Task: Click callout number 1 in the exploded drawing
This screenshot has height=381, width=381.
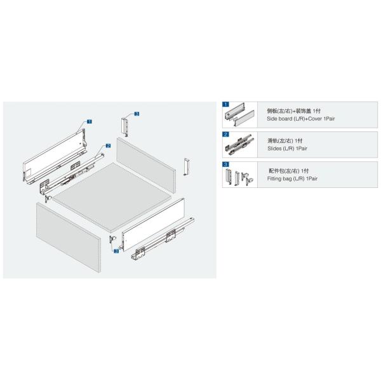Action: pyautogui.click(x=90, y=121)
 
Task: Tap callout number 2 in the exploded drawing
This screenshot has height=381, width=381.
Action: pyautogui.click(x=108, y=146)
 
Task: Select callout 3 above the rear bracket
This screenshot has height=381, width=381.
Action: pyautogui.click(x=137, y=114)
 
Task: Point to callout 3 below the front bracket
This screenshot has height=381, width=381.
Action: pyautogui.click(x=116, y=251)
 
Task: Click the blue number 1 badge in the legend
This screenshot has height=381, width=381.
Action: pyautogui.click(x=225, y=104)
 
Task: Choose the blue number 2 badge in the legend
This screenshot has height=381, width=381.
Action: pyautogui.click(x=225, y=135)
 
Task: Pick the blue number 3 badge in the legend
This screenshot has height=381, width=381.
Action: pyautogui.click(x=225, y=164)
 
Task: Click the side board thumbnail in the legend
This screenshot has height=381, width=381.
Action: pyautogui.click(x=239, y=115)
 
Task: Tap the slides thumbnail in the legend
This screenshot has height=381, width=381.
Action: pyautogui.click(x=239, y=145)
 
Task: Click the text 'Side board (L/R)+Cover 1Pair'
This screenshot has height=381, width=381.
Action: pyautogui.click(x=300, y=119)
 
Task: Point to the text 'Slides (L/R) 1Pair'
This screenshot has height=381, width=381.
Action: pyautogui.click(x=287, y=149)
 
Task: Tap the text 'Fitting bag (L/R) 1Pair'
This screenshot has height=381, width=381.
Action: pyautogui.click(x=292, y=178)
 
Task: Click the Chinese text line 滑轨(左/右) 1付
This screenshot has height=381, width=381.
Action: pyautogui.click(x=284, y=141)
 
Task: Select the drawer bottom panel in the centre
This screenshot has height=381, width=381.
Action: pyautogui.click(x=113, y=197)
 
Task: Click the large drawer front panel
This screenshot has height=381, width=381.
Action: pyautogui.click(x=69, y=237)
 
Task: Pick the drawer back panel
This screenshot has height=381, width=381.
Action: pyautogui.click(x=146, y=162)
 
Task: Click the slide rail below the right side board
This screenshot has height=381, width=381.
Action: pyautogui.click(x=163, y=238)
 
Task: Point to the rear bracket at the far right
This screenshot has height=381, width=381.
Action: pyautogui.click(x=186, y=166)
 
